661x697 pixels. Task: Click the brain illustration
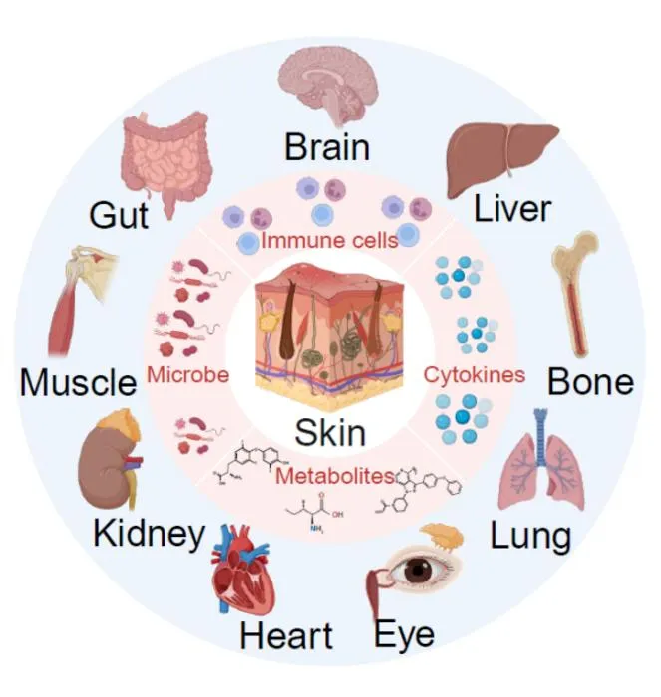tap(328, 84)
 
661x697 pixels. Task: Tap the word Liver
tap(512, 209)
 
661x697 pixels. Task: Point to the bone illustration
tap(575, 294)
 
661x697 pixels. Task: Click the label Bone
tap(590, 382)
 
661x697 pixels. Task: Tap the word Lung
tap(530, 537)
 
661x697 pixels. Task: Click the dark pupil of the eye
tap(418, 571)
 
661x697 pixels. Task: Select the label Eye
tap(404, 635)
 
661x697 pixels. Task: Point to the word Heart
tap(286, 635)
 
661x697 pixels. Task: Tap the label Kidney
tap(150, 535)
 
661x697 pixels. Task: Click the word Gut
tap(119, 216)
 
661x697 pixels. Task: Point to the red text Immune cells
tap(329, 241)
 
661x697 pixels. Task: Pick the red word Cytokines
tap(474, 375)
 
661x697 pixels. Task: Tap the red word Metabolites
tap(335, 476)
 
